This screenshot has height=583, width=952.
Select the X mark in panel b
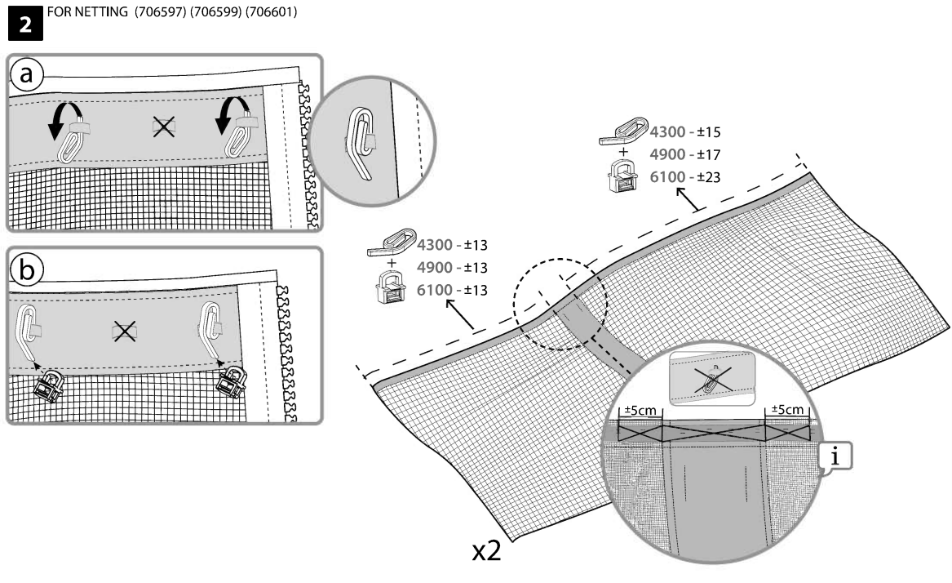pos(123,331)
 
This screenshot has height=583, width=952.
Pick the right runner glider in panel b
pos(229,381)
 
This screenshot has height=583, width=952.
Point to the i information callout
pos(832,458)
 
